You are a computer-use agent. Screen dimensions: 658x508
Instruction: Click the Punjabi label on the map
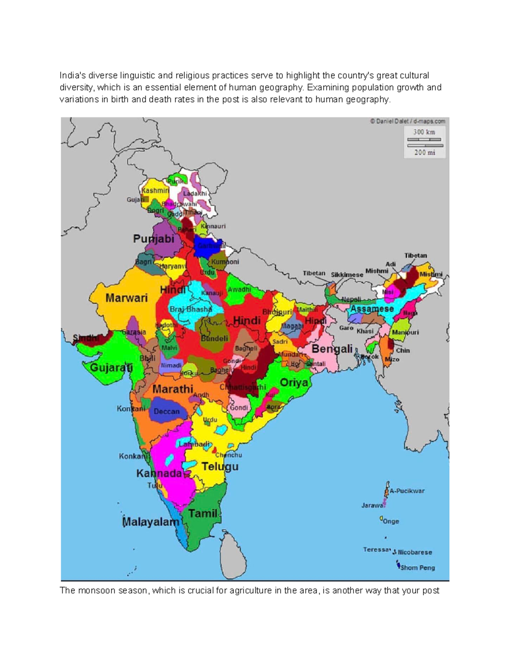pos(154,239)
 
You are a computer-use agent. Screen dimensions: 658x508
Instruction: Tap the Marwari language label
pos(127,298)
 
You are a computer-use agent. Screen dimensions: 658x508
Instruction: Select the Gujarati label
pos(111,367)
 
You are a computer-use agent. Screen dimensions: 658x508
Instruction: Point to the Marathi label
pos(173,389)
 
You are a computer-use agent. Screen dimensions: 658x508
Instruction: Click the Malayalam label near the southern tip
pos(150,522)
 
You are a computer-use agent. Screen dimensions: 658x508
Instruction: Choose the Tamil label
pos(203,514)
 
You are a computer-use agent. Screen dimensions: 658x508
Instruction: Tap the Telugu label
pos(220,466)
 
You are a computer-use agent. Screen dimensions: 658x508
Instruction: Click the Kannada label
pos(159,473)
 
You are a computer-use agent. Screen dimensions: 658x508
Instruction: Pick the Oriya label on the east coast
pos(294,383)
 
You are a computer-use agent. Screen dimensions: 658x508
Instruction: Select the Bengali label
pos(332,349)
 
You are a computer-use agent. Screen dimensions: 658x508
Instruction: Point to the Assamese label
pos(372,309)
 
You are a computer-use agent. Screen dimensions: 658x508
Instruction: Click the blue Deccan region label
pos(166,411)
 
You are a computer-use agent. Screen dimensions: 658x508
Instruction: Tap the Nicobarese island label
pos(415,552)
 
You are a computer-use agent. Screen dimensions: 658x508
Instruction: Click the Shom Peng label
pos(417,568)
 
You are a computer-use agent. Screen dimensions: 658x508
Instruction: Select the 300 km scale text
pos(424,132)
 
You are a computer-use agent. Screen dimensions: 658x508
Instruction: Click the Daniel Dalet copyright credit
pos(407,121)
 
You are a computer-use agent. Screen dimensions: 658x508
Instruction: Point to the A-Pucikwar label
pos(407,491)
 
